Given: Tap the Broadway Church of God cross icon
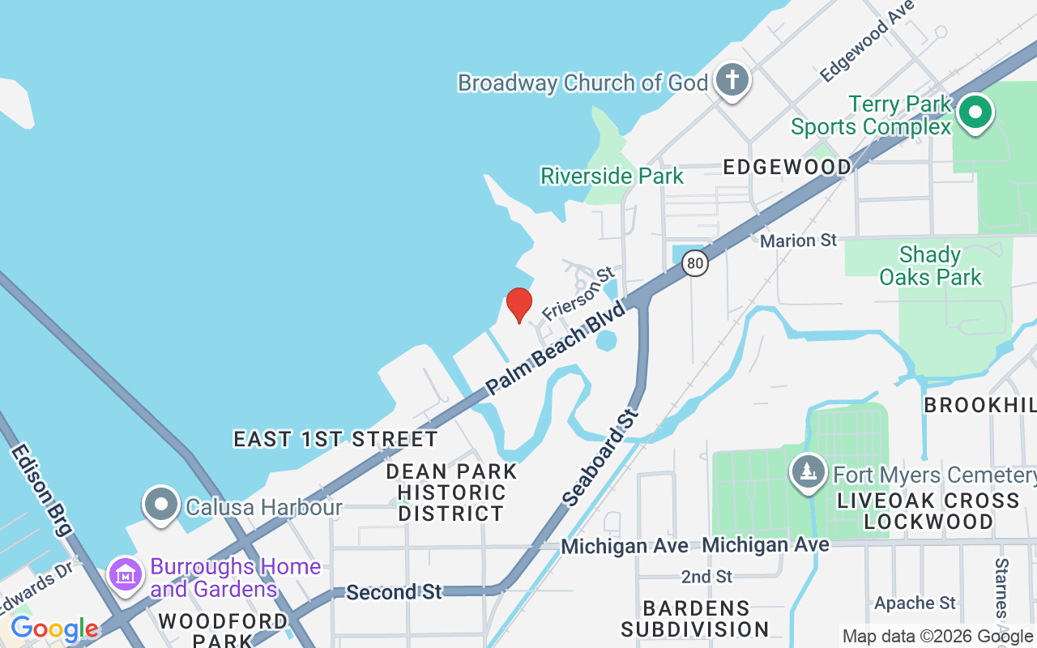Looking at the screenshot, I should click(x=732, y=81).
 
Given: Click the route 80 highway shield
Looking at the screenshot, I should click(x=694, y=263).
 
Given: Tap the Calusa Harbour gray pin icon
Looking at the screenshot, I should click(x=161, y=505).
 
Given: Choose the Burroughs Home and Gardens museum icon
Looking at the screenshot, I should click(x=126, y=576).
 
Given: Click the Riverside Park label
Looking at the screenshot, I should click(x=612, y=176).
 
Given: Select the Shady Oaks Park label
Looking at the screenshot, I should click(x=930, y=266).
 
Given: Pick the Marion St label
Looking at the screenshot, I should click(x=798, y=241).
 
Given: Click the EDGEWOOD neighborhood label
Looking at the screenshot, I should click(x=787, y=167).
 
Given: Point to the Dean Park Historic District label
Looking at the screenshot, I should click(x=451, y=492).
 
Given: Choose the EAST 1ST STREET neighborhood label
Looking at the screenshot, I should click(x=335, y=439).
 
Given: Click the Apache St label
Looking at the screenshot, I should click(x=915, y=603).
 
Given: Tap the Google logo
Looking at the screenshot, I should click(x=54, y=629).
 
